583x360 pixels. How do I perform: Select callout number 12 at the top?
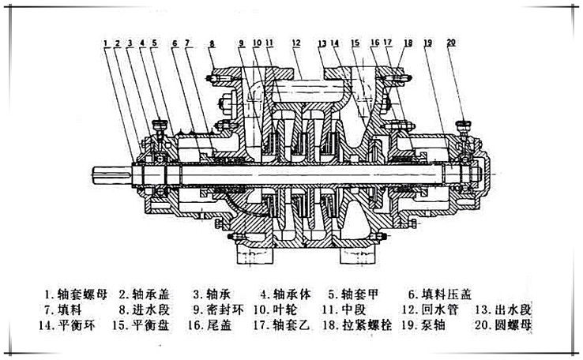[295, 41]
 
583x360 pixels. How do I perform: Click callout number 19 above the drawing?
[427, 41]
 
